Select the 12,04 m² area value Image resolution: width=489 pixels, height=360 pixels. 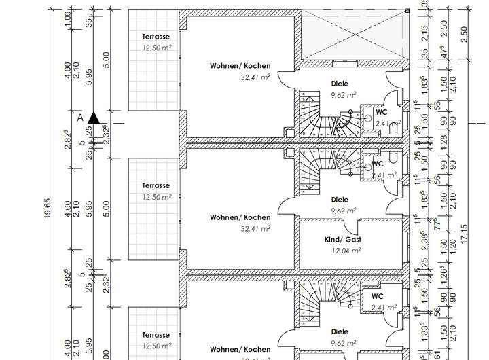(346, 251)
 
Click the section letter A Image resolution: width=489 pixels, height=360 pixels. (80, 118)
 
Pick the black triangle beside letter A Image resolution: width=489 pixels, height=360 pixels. (94, 118)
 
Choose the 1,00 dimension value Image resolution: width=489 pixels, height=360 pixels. (67, 20)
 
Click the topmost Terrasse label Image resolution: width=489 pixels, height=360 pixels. (156, 37)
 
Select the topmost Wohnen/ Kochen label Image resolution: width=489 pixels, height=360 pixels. (240, 66)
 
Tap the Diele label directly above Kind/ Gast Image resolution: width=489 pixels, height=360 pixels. (340, 200)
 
